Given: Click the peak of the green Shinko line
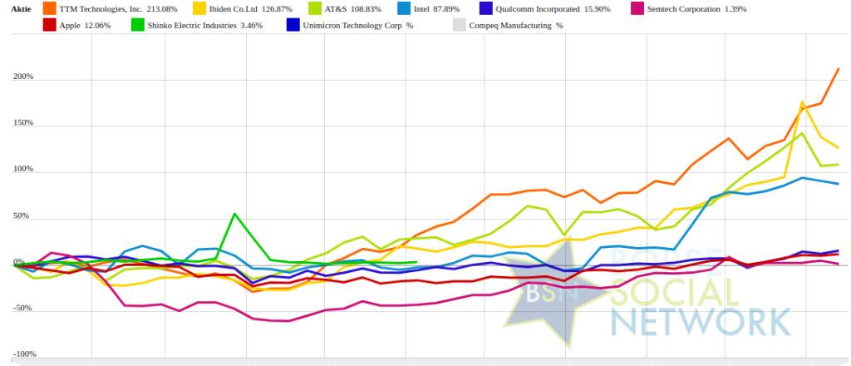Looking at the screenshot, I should coord(235,214).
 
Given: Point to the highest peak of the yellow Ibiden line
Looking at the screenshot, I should coord(802,102).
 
